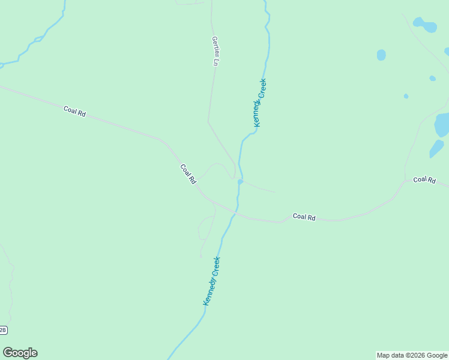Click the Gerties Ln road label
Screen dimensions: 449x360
215,51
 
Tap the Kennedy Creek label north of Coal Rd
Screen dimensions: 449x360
259,103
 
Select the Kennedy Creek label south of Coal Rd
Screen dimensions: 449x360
211,281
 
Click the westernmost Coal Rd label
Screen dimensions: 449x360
75,111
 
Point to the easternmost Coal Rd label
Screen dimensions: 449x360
424,179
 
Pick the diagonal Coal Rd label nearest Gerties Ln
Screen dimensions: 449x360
188,173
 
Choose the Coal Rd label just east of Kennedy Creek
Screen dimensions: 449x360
304,217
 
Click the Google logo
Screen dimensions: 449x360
20,353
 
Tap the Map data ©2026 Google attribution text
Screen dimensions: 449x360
412,355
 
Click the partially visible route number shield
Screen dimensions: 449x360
3,330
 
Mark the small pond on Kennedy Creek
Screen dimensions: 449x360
240,181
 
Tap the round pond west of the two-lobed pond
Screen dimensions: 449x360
381,55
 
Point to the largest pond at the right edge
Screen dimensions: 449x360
442,124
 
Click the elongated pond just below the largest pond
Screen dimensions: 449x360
436,148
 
